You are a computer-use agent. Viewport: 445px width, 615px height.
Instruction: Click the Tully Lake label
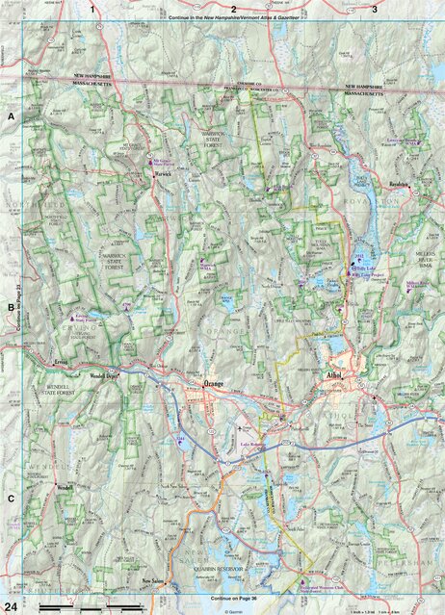[364, 268]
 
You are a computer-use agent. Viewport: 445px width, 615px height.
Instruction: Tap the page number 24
[10, 604]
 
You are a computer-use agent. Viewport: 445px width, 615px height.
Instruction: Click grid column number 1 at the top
[93, 9]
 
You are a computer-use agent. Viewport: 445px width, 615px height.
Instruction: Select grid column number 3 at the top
[374, 9]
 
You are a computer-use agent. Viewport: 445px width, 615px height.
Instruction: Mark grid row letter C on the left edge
[12, 498]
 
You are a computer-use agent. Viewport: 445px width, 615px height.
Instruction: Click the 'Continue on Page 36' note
[222, 599]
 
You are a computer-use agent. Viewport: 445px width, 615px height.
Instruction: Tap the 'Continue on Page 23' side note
[18, 308]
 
